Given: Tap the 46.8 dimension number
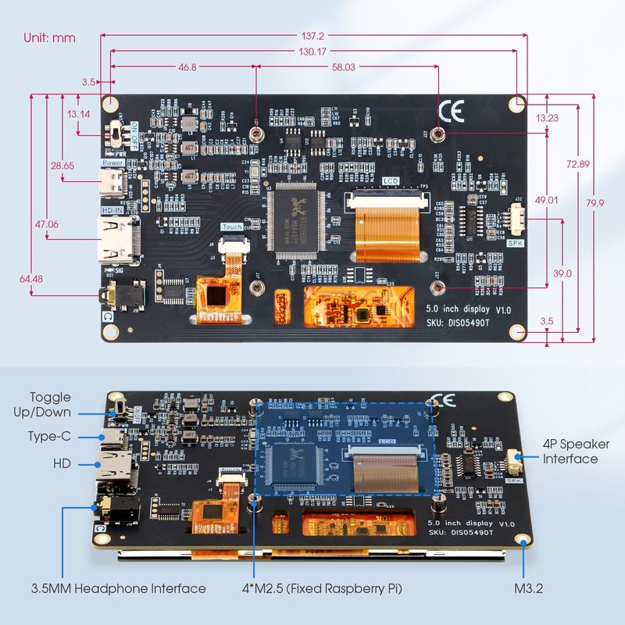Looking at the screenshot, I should point(187,68).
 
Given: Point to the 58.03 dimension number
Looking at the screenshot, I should point(343,68).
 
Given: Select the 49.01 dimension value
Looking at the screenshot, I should point(546,200).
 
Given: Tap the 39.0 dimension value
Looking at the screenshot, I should point(562,273).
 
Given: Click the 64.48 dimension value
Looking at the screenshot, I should point(31,278).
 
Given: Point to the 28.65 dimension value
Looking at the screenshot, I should point(62,166).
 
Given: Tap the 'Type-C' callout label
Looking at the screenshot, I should point(50,436).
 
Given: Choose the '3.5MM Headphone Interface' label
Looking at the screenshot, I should point(118,588).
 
